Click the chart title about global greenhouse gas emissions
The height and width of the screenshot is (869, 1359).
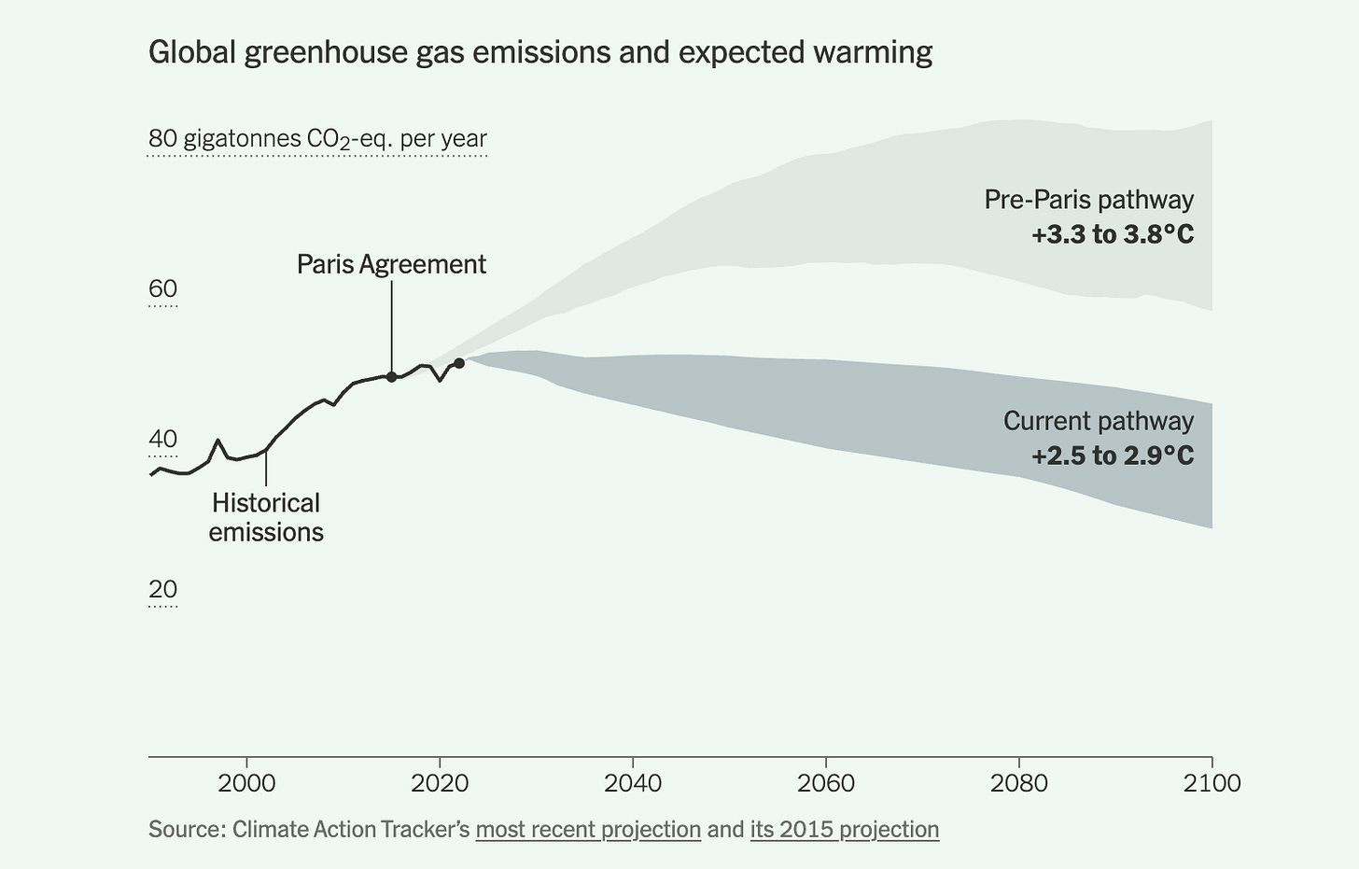point(539,52)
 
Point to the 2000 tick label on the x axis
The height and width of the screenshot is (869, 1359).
point(246,782)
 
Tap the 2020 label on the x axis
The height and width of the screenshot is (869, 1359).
point(440,782)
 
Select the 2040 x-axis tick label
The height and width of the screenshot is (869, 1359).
point(633,782)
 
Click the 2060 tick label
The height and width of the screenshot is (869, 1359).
point(826,782)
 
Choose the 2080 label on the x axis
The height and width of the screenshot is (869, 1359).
point(1019,782)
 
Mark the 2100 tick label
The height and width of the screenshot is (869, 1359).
point(1212,782)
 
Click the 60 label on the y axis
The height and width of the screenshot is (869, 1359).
point(162,288)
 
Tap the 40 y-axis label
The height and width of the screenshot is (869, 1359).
point(162,439)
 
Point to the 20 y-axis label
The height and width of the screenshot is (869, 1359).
point(162,589)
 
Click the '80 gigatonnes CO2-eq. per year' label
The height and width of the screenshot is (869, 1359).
point(317,139)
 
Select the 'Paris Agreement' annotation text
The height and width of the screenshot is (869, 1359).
point(391,264)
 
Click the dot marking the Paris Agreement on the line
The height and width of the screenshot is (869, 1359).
point(392,377)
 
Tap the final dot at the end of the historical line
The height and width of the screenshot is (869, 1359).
point(458,363)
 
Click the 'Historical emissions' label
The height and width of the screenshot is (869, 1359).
point(266,517)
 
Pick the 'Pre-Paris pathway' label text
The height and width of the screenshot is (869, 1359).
point(1088,200)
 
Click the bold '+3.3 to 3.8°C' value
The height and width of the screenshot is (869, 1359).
point(1113,234)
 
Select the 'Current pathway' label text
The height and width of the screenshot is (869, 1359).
point(1098,421)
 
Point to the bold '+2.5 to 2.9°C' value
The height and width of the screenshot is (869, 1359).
point(1113,456)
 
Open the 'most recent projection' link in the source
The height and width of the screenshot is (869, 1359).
point(588,829)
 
